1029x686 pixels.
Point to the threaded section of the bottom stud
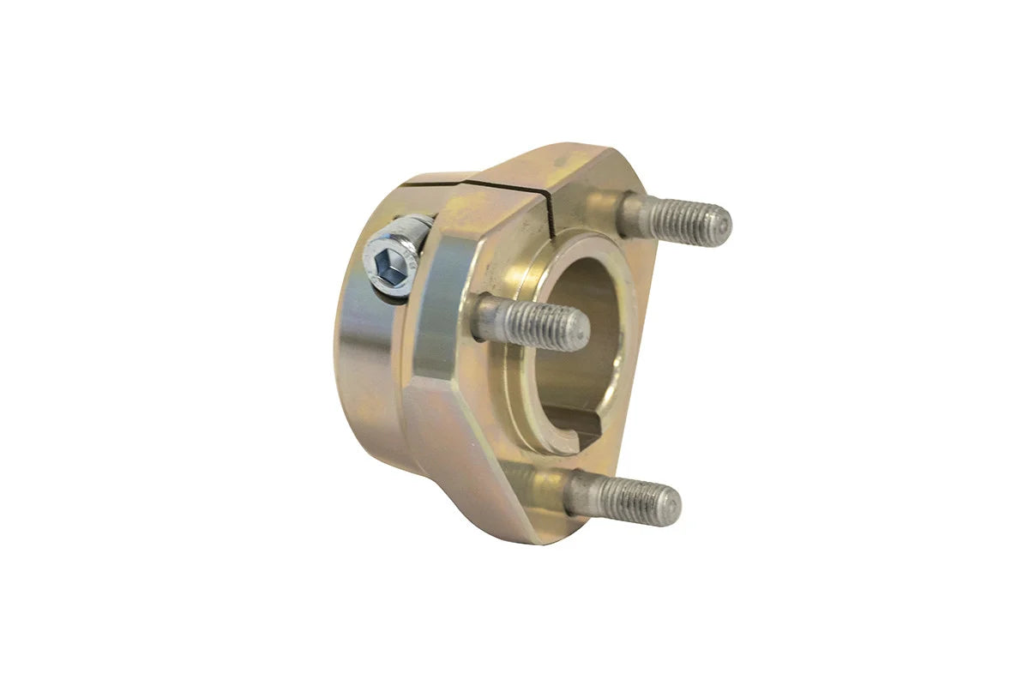pyautogui.click(x=630, y=499)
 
